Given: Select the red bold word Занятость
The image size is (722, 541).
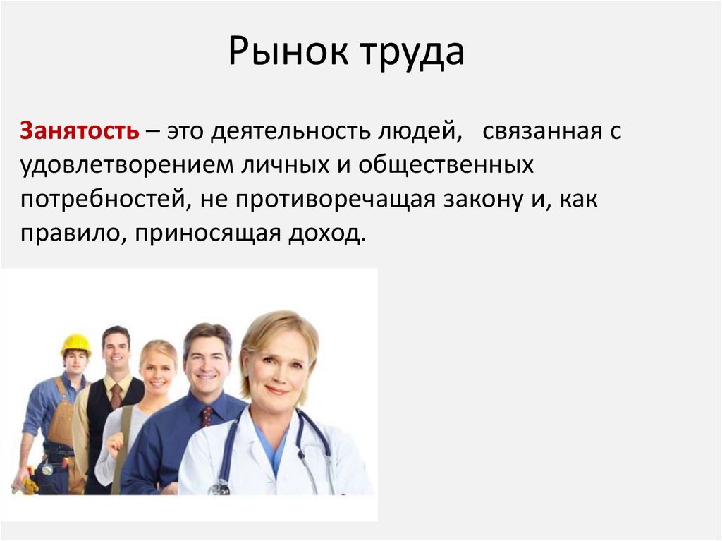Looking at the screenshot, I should pyautogui.click(x=79, y=131).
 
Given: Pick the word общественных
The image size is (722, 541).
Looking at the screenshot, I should pyautogui.click(x=446, y=166).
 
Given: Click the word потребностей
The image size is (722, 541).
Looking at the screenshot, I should pyautogui.click(x=103, y=200).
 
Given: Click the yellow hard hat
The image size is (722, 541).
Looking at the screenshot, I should pyautogui.click(x=75, y=344).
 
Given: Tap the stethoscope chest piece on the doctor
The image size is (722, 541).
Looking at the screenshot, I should pyautogui.click(x=220, y=486).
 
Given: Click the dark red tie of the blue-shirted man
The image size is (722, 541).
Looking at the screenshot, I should pyautogui.click(x=206, y=416).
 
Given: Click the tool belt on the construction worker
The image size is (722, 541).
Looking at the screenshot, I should pyautogui.click(x=56, y=466).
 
